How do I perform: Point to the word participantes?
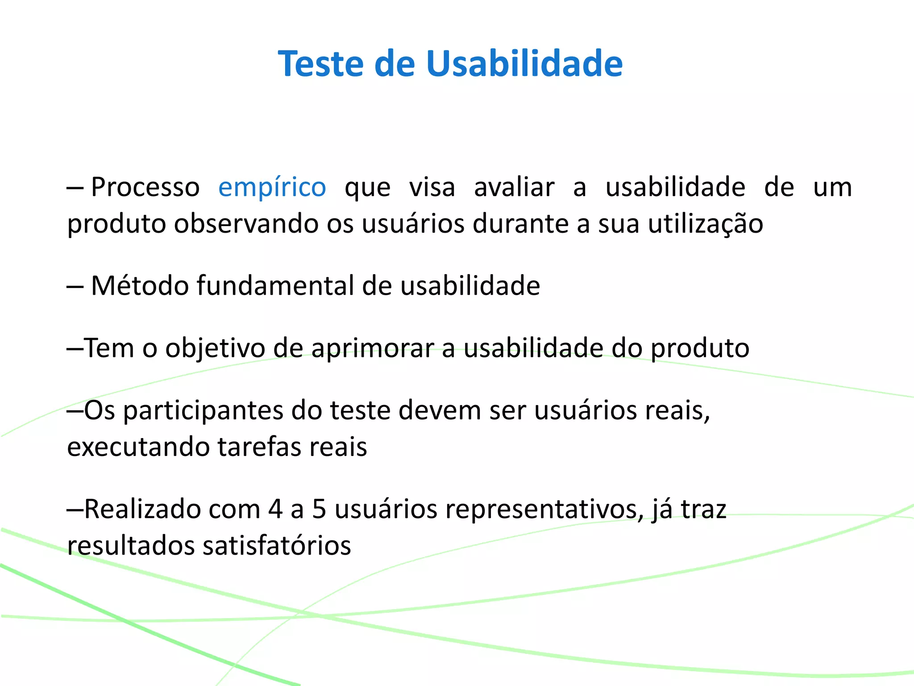[x=203, y=410]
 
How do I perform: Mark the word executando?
[x=138, y=447]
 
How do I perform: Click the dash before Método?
[x=75, y=286]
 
